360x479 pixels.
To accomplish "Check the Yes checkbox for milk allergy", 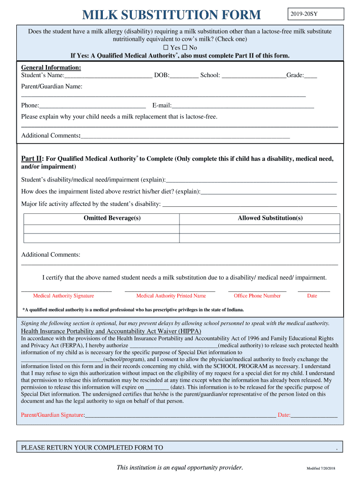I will pyautogui.click(x=166, y=48).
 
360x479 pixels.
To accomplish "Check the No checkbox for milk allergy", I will pyautogui.click(x=185, y=48).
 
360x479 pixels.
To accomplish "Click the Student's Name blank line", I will pyautogui.click(x=108, y=76).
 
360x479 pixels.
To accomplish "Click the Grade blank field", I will pyautogui.click(x=310, y=76).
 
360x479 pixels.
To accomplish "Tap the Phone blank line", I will pyautogui.click(x=93, y=106).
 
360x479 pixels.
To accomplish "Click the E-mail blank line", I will pyautogui.click(x=243, y=106).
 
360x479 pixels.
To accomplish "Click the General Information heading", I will pyautogui.click(x=48, y=68).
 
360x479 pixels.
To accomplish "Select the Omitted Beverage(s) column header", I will pyautogui.click(x=112, y=218).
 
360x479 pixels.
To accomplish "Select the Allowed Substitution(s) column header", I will pyautogui.click(x=270, y=218).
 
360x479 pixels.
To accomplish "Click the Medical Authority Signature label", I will pyautogui.click(x=64, y=296).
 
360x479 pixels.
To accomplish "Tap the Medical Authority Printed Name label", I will pyautogui.click(x=171, y=296).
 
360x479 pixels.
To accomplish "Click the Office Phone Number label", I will pyautogui.click(x=257, y=296).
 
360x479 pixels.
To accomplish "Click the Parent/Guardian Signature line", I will pyautogui.click(x=180, y=415).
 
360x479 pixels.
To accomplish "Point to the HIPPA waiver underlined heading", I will pyautogui.click(x=111, y=331).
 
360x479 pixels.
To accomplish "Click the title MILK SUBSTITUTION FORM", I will pyautogui.click(x=172, y=15).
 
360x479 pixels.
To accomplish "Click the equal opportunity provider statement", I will pyautogui.click(x=180, y=467).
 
